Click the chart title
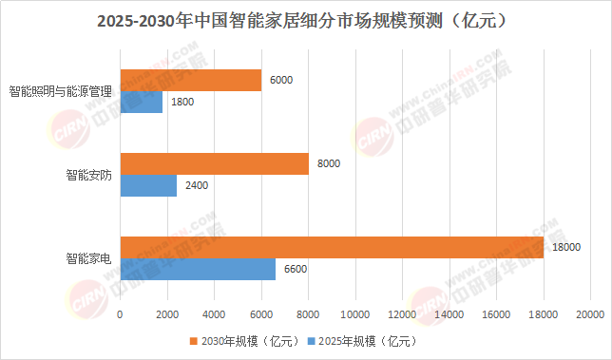[301, 21]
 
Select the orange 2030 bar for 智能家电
[332, 247]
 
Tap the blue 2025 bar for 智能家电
[198, 269]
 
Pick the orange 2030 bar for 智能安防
[214, 163]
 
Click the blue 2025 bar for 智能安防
[148, 185]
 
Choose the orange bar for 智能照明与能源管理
[191, 81]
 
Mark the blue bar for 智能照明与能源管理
[142, 103]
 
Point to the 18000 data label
[566, 247]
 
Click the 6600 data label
[296, 269]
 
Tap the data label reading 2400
[197, 185]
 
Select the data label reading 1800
[182, 102]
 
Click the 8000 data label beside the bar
[329, 163]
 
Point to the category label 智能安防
[89, 175]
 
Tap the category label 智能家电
[89, 258]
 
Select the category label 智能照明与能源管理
[61, 91]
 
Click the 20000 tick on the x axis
[590, 314]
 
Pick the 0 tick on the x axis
[120, 314]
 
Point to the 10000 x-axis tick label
[355, 314]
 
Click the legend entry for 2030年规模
[244, 341]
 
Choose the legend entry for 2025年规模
[362, 341]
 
